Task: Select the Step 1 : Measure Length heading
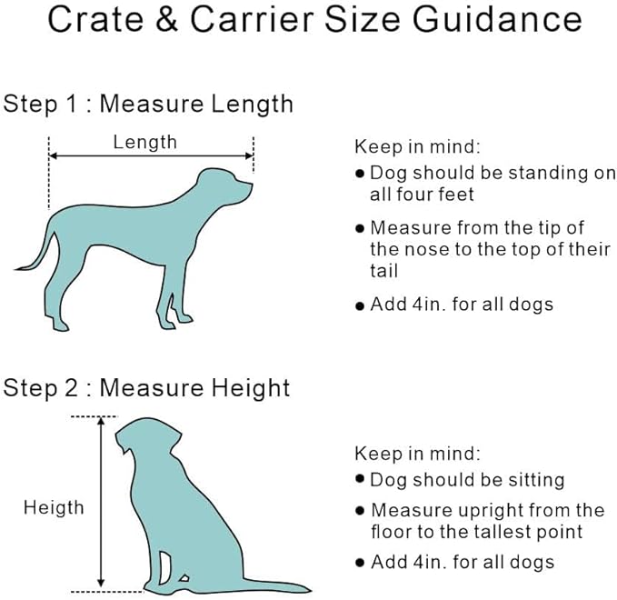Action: click(x=148, y=104)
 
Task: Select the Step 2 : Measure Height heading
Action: click(x=146, y=388)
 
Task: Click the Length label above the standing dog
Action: click(x=144, y=142)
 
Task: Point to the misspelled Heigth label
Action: click(x=53, y=507)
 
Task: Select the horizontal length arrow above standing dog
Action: click(x=151, y=156)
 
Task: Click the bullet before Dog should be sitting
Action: click(x=361, y=479)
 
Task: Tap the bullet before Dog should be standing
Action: click(x=361, y=174)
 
